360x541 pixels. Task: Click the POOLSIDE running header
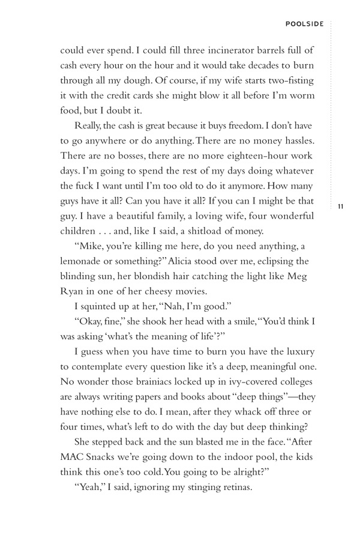click(305, 24)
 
